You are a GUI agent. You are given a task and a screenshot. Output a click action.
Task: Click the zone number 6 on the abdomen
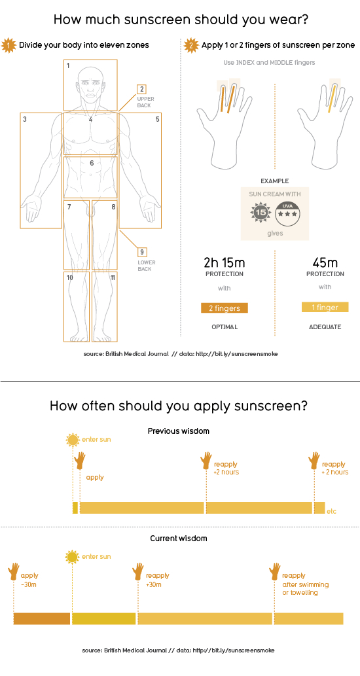pos(92,163)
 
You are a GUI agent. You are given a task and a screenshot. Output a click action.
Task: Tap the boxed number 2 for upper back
pos(141,89)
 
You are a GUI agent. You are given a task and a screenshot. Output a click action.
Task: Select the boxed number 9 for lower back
pos(142,252)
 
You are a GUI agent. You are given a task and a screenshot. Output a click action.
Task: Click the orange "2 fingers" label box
pos(225,308)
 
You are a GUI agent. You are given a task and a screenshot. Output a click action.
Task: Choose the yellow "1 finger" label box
pos(325,308)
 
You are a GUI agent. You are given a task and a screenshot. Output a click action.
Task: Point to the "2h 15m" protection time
pos(225,262)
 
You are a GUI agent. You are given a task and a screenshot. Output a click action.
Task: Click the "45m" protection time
pos(325,262)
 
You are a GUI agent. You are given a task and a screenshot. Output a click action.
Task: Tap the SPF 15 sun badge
pos(260,213)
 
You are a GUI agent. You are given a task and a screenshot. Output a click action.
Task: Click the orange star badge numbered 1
pos(9,45)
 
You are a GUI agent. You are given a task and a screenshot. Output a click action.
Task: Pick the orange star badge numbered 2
pos(190,45)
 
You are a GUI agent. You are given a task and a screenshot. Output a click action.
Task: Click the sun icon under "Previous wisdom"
pos(73,440)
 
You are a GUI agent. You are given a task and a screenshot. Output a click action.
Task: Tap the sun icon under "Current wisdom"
pos(72,557)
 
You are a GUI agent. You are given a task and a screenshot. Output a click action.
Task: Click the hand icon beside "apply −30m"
pos(14,572)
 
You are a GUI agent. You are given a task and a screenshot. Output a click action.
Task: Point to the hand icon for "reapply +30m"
pos(138,572)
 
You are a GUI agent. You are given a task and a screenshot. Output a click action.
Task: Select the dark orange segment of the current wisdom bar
pos(42,618)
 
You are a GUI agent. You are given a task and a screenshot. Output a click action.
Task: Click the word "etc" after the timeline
pos(331,511)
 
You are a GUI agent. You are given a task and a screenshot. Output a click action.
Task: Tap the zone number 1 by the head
pos(68,65)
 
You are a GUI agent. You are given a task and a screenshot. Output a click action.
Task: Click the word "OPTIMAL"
pos(225,327)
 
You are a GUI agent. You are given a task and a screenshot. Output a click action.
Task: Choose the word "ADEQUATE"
pos(325,327)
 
